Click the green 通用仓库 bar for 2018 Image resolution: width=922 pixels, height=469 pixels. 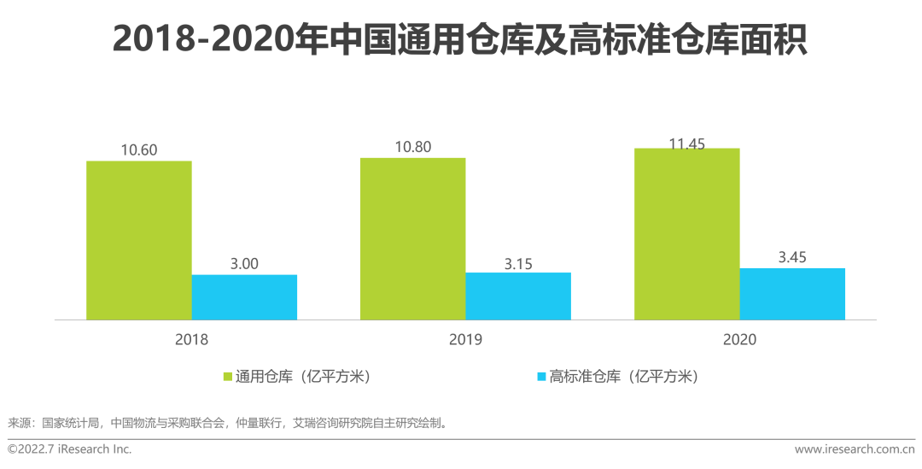(x=138, y=240)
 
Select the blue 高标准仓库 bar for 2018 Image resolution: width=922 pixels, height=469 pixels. (x=244, y=297)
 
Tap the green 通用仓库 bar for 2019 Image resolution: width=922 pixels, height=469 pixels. (x=412, y=239)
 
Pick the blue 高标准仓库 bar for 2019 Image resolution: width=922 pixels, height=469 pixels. (x=518, y=296)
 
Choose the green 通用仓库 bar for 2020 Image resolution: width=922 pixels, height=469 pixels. (x=686, y=234)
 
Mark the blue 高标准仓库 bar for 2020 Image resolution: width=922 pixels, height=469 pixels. (x=792, y=294)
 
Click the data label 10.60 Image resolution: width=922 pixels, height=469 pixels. (x=138, y=150)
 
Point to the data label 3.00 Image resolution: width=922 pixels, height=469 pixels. (x=244, y=264)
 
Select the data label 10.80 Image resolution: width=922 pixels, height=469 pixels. (x=412, y=147)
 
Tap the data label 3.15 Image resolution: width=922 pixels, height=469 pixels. (x=518, y=264)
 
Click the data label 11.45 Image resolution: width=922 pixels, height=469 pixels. (x=686, y=144)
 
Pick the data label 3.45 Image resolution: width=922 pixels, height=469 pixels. (x=792, y=257)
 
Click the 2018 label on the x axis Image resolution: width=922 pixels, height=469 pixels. (x=191, y=339)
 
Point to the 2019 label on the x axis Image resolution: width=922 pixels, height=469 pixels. (x=465, y=339)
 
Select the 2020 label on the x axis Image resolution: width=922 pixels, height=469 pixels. (x=739, y=339)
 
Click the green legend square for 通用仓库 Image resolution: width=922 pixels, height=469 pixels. (x=228, y=376)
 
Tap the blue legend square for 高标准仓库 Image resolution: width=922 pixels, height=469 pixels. (x=540, y=376)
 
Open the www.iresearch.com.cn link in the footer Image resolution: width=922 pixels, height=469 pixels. (x=855, y=449)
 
